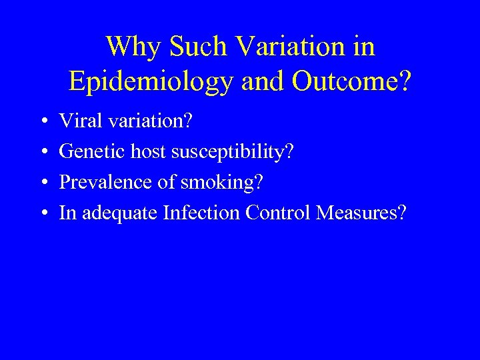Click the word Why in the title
pos(134,47)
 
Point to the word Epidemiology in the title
pos(151,81)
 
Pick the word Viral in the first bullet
pos(76,121)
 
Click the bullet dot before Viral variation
pos(42,121)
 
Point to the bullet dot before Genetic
pos(42,152)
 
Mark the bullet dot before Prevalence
pos(42,183)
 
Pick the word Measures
pos(360,213)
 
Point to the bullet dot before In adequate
pos(42,213)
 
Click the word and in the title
pos(258,81)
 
